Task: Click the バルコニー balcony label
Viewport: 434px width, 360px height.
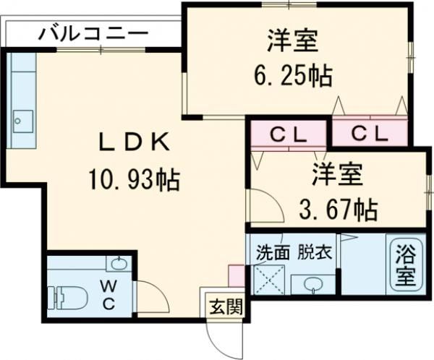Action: pyautogui.click(x=93, y=32)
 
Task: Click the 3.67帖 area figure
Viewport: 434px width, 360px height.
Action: pyautogui.click(x=338, y=210)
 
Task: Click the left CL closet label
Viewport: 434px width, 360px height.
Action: pyautogui.click(x=289, y=134)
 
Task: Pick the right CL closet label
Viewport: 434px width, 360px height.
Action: pyautogui.click(x=370, y=134)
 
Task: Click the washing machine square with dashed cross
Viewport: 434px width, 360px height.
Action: pyautogui.click(x=270, y=280)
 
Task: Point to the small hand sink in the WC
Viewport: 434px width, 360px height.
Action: pyautogui.click(x=120, y=263)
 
